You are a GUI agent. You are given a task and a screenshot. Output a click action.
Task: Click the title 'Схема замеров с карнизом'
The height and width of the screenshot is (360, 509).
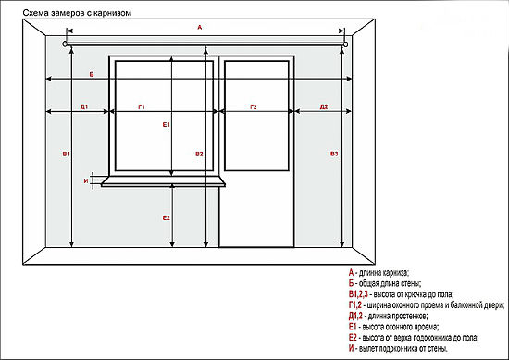[x=77, y=13]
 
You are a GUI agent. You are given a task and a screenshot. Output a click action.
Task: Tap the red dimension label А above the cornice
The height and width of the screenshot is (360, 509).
[x=200, y=27]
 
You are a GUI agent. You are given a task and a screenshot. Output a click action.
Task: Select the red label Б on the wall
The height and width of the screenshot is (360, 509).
[x=92, y=74]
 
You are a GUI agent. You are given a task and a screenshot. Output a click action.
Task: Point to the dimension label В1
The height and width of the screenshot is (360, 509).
[x=67, y=154]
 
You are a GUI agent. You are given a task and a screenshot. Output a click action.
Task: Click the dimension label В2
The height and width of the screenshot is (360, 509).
[x=199, y=154]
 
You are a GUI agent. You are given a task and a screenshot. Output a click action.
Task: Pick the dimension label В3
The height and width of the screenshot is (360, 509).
[x=334, y=154]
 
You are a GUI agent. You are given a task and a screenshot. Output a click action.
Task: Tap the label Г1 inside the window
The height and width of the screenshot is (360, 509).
[x=142, y=106]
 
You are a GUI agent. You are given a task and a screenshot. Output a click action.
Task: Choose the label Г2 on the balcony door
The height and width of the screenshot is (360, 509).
[x=254, y=106]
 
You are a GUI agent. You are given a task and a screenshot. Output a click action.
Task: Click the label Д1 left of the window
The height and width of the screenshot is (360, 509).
[x=84, y=106]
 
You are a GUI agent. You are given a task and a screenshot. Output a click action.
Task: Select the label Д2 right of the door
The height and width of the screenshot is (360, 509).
[x=324, y=106]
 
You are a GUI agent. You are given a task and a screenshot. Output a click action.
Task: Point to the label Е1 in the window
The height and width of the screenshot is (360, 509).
[x=167, y=124]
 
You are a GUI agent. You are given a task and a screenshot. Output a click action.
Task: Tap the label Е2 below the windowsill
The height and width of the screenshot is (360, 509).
[x=167, y=217]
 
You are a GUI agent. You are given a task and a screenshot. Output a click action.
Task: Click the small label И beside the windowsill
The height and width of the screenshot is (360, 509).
[x=86, y=181]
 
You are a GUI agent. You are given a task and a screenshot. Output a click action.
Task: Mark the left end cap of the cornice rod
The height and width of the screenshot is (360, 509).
[x=66, y=44]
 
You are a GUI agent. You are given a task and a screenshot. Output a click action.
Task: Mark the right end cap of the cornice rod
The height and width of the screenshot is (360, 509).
[x=346, y=44]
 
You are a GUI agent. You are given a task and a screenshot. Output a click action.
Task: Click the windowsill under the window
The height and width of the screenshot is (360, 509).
[x=163, y=181]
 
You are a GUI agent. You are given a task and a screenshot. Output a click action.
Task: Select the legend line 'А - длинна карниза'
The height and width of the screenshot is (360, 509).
[x=379, y=272]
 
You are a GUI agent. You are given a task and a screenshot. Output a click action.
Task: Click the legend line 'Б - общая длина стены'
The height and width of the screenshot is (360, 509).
[x=385, y=283]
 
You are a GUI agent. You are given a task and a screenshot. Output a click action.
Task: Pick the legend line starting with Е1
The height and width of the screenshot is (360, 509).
[x=393, y=327]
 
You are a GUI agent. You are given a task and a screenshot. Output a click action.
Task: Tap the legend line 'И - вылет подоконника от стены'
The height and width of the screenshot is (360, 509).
[x=398, y=349]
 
